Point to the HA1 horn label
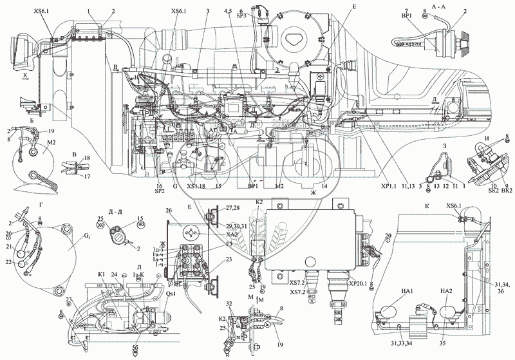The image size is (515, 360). click(x=390, y=291)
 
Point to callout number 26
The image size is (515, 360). click(x=168, y=210)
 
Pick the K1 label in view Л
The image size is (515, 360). click(x=101, y=274)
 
